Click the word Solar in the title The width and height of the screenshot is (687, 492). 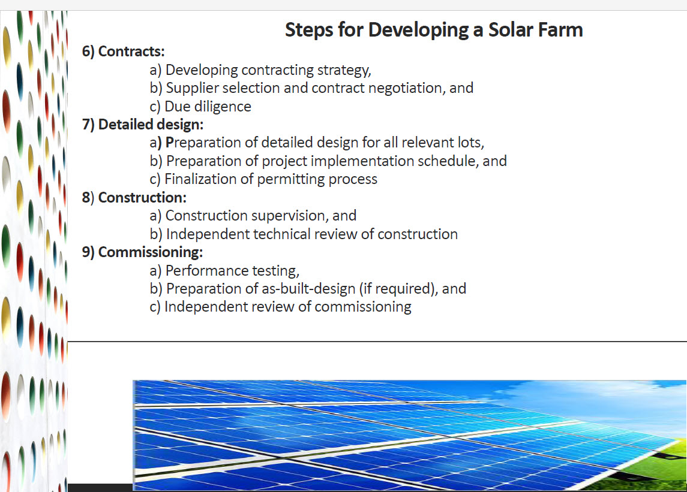(510, 30)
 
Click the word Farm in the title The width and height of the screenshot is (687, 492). (560, 30)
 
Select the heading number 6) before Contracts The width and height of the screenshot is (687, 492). (88, 52)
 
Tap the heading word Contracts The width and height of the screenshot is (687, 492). (131, 52)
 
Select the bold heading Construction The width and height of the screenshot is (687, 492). (142, 198)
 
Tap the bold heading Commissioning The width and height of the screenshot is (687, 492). (151, 252)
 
